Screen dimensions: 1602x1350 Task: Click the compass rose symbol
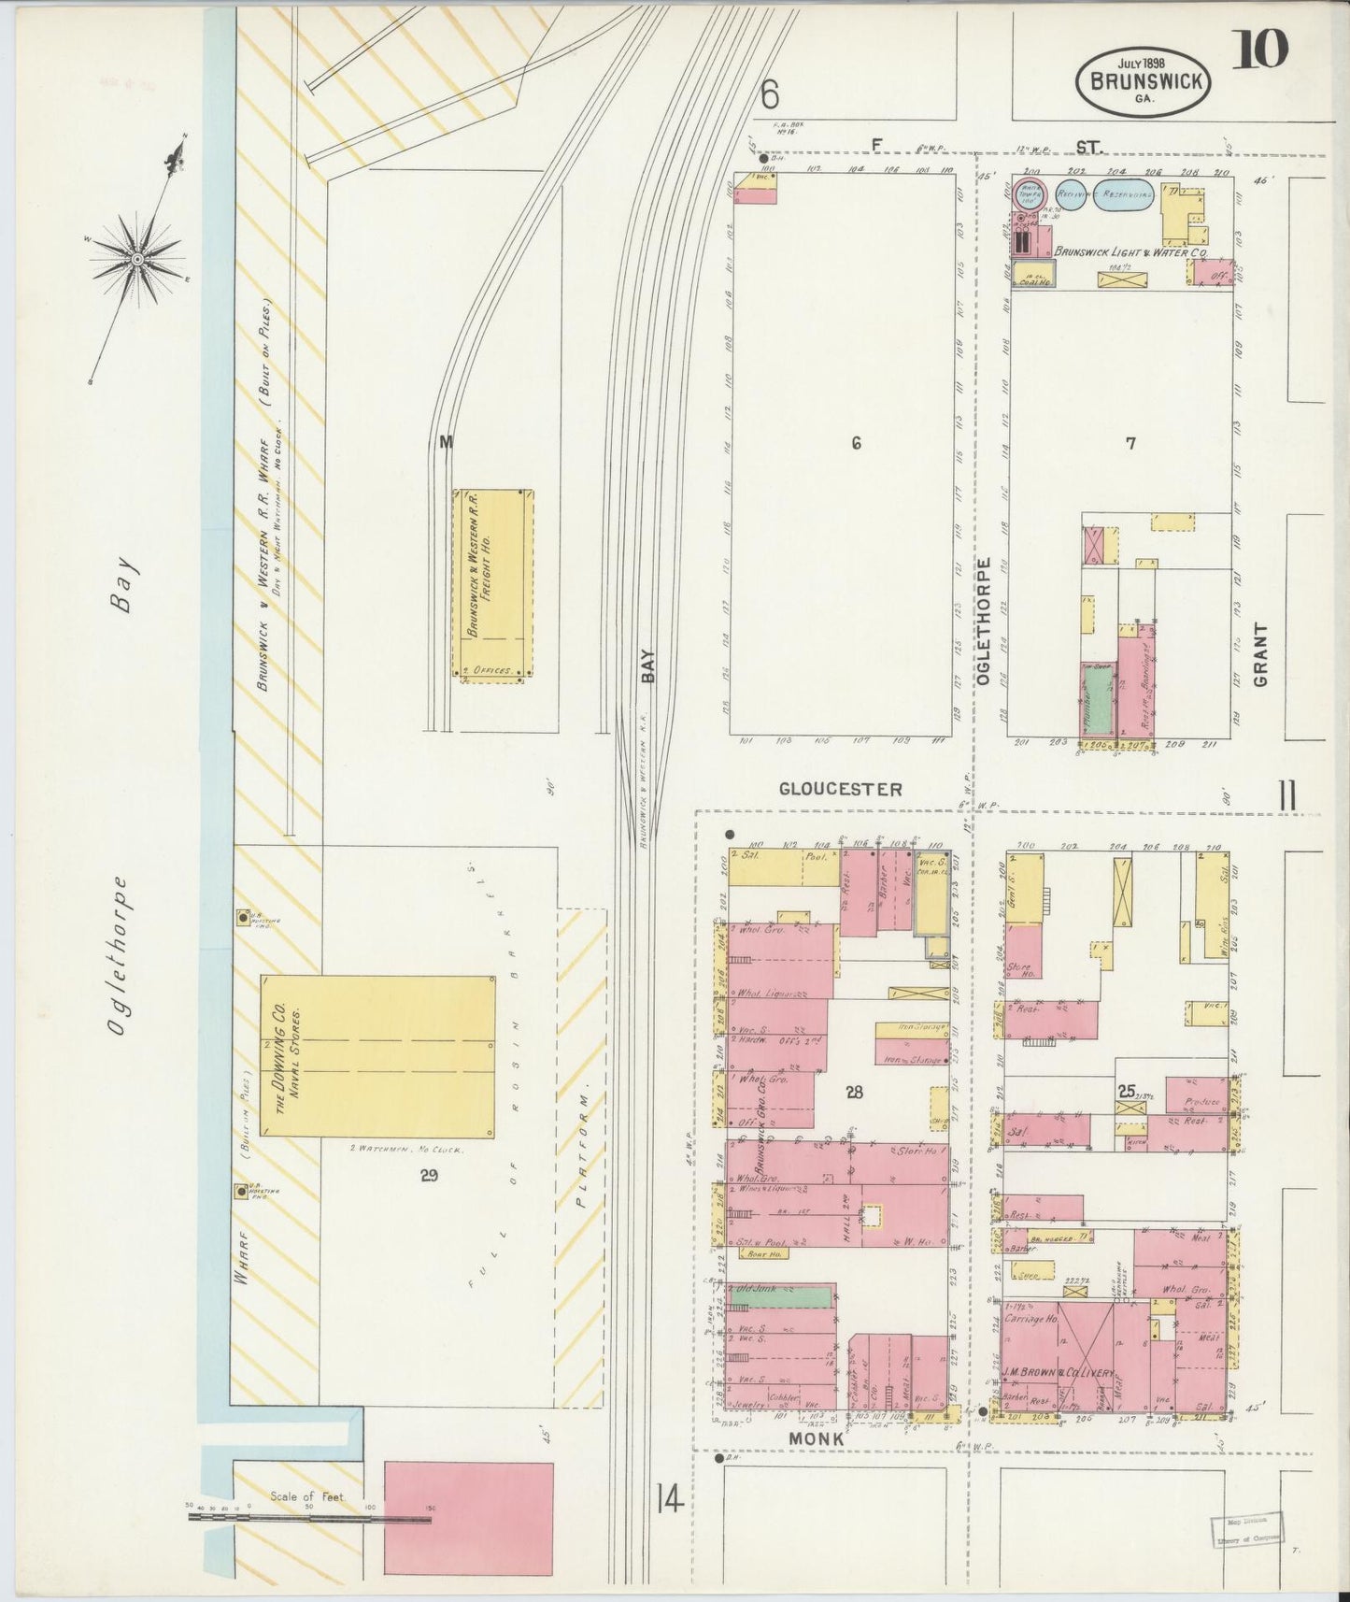pyautogui.click(x=136, y=257)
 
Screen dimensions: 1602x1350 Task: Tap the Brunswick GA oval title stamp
pyautogui.click(x=1144, y=82)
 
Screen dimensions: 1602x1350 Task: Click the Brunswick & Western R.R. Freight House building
pyautogui.click(x=493, y=584)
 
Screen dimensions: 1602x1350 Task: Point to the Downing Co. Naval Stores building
pyautogui.click(x=377, y=1055)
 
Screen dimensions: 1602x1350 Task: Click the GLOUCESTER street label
pyautogui.click(x=841, y=790)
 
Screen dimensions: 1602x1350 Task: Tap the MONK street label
pyautogui.click(x=817, y=1465)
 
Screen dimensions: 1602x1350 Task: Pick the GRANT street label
pyautogui.click(x=1260, y=654)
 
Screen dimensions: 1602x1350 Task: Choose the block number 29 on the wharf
pyautogui.click(x=429, y=1176)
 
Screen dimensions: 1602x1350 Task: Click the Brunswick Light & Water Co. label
pyautogui.click(x=1130, y=252)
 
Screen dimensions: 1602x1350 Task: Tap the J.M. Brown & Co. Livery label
pyautogui.click(x=1059, y=1372)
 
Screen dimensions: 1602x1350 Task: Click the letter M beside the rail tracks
pyautogui.click(x=446, y=442)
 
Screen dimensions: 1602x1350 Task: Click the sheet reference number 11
pyautogui.click(x=1287, y=797)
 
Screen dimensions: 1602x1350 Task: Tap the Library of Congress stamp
pyautogui.click(x=1247, y=1530)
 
